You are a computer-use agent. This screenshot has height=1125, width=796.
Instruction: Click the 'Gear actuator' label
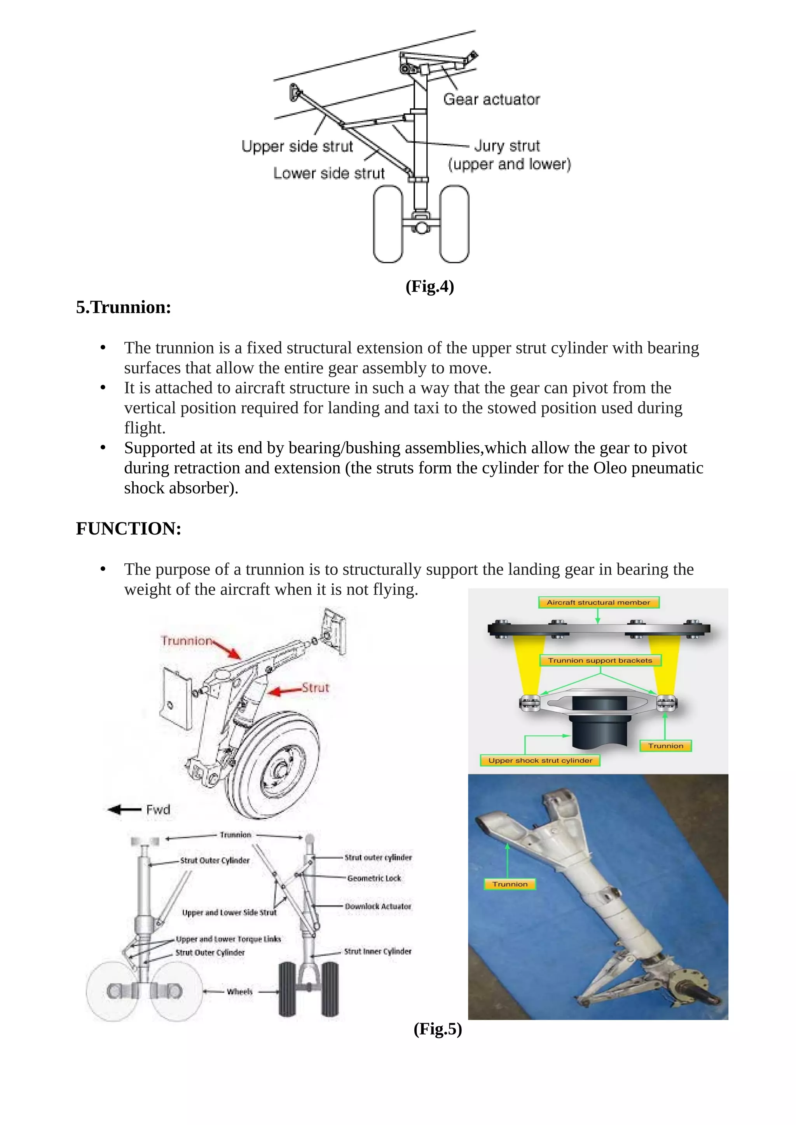click(491, 99)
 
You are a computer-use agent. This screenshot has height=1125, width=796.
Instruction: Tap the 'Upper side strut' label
click(297, 146)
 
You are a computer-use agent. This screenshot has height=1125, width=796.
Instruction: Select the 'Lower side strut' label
click(329, 174)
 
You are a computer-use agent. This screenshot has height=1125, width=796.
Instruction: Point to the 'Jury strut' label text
click(507, 146)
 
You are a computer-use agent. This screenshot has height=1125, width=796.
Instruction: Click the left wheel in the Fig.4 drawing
click(388, 224)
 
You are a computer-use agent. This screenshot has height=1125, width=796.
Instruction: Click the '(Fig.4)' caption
click(429, 286)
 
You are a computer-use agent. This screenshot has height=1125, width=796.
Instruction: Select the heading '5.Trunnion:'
click(124, 308)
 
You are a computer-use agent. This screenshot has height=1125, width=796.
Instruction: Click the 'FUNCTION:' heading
click(128, 529)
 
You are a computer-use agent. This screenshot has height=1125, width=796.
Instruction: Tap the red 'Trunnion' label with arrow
click(187, 641)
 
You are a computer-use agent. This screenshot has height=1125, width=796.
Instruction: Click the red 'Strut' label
click(315, 688)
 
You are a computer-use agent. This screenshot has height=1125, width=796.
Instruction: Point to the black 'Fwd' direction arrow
click(124, 810)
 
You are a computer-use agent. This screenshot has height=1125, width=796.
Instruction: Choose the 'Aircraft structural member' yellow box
click(599, 603)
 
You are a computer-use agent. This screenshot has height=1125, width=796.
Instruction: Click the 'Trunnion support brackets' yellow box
click(600, 660)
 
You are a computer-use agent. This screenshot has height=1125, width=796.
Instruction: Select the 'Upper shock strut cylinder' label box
click(540, 761)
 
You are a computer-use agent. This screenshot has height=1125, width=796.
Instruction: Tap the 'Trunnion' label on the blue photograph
click(510, 884)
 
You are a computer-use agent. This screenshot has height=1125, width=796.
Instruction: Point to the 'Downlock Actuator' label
click(378, 906)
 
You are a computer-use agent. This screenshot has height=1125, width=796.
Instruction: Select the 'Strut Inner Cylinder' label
click(377, 951)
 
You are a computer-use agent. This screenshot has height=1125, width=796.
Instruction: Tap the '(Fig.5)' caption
click(438, 1029)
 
